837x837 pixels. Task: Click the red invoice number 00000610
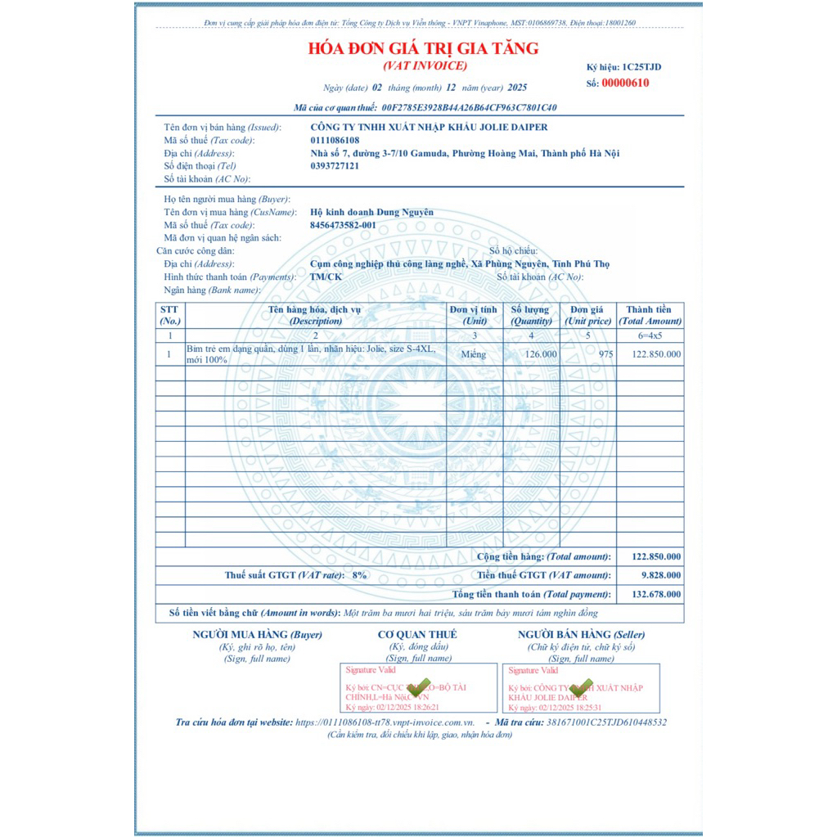625,83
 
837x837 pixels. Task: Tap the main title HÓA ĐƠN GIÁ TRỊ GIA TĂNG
423,48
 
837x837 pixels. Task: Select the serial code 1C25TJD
641,66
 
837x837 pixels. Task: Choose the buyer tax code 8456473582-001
344,225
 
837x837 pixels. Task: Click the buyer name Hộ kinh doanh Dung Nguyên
371,212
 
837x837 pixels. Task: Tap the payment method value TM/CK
326,277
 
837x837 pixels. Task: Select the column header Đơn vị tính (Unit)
473,315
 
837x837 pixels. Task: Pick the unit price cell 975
605,354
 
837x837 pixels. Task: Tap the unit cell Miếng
473,354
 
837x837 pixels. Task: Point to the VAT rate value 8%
359,575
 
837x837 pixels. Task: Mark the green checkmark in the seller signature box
580,688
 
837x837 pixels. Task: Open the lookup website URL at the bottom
385,722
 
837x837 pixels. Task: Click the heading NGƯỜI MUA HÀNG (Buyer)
257,634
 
